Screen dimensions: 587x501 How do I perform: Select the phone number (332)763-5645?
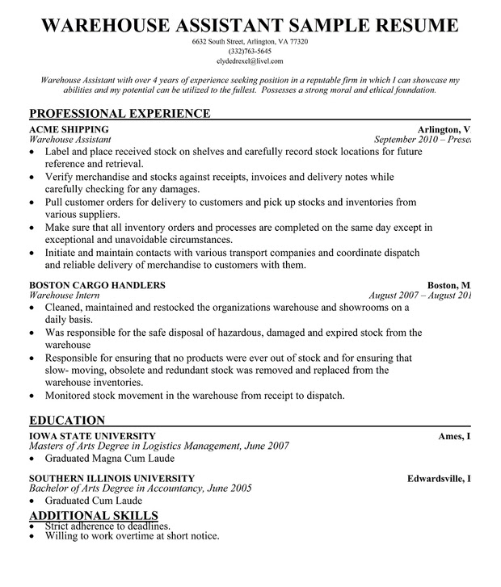click(250, 51)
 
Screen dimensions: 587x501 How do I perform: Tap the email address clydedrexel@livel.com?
click(250, 61)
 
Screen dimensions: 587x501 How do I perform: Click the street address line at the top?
click(250, 41)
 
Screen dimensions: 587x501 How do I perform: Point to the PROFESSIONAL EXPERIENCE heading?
click(120, 113)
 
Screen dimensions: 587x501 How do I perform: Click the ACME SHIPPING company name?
click(69, 129)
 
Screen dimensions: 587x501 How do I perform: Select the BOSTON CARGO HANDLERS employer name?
click(97, 285)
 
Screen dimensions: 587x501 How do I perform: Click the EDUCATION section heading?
click(67, 420)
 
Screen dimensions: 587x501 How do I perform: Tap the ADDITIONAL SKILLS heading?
click(94, 516)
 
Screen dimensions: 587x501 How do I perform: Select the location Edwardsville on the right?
click(436, 478)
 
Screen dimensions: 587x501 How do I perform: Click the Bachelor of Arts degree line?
click(140, 488)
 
